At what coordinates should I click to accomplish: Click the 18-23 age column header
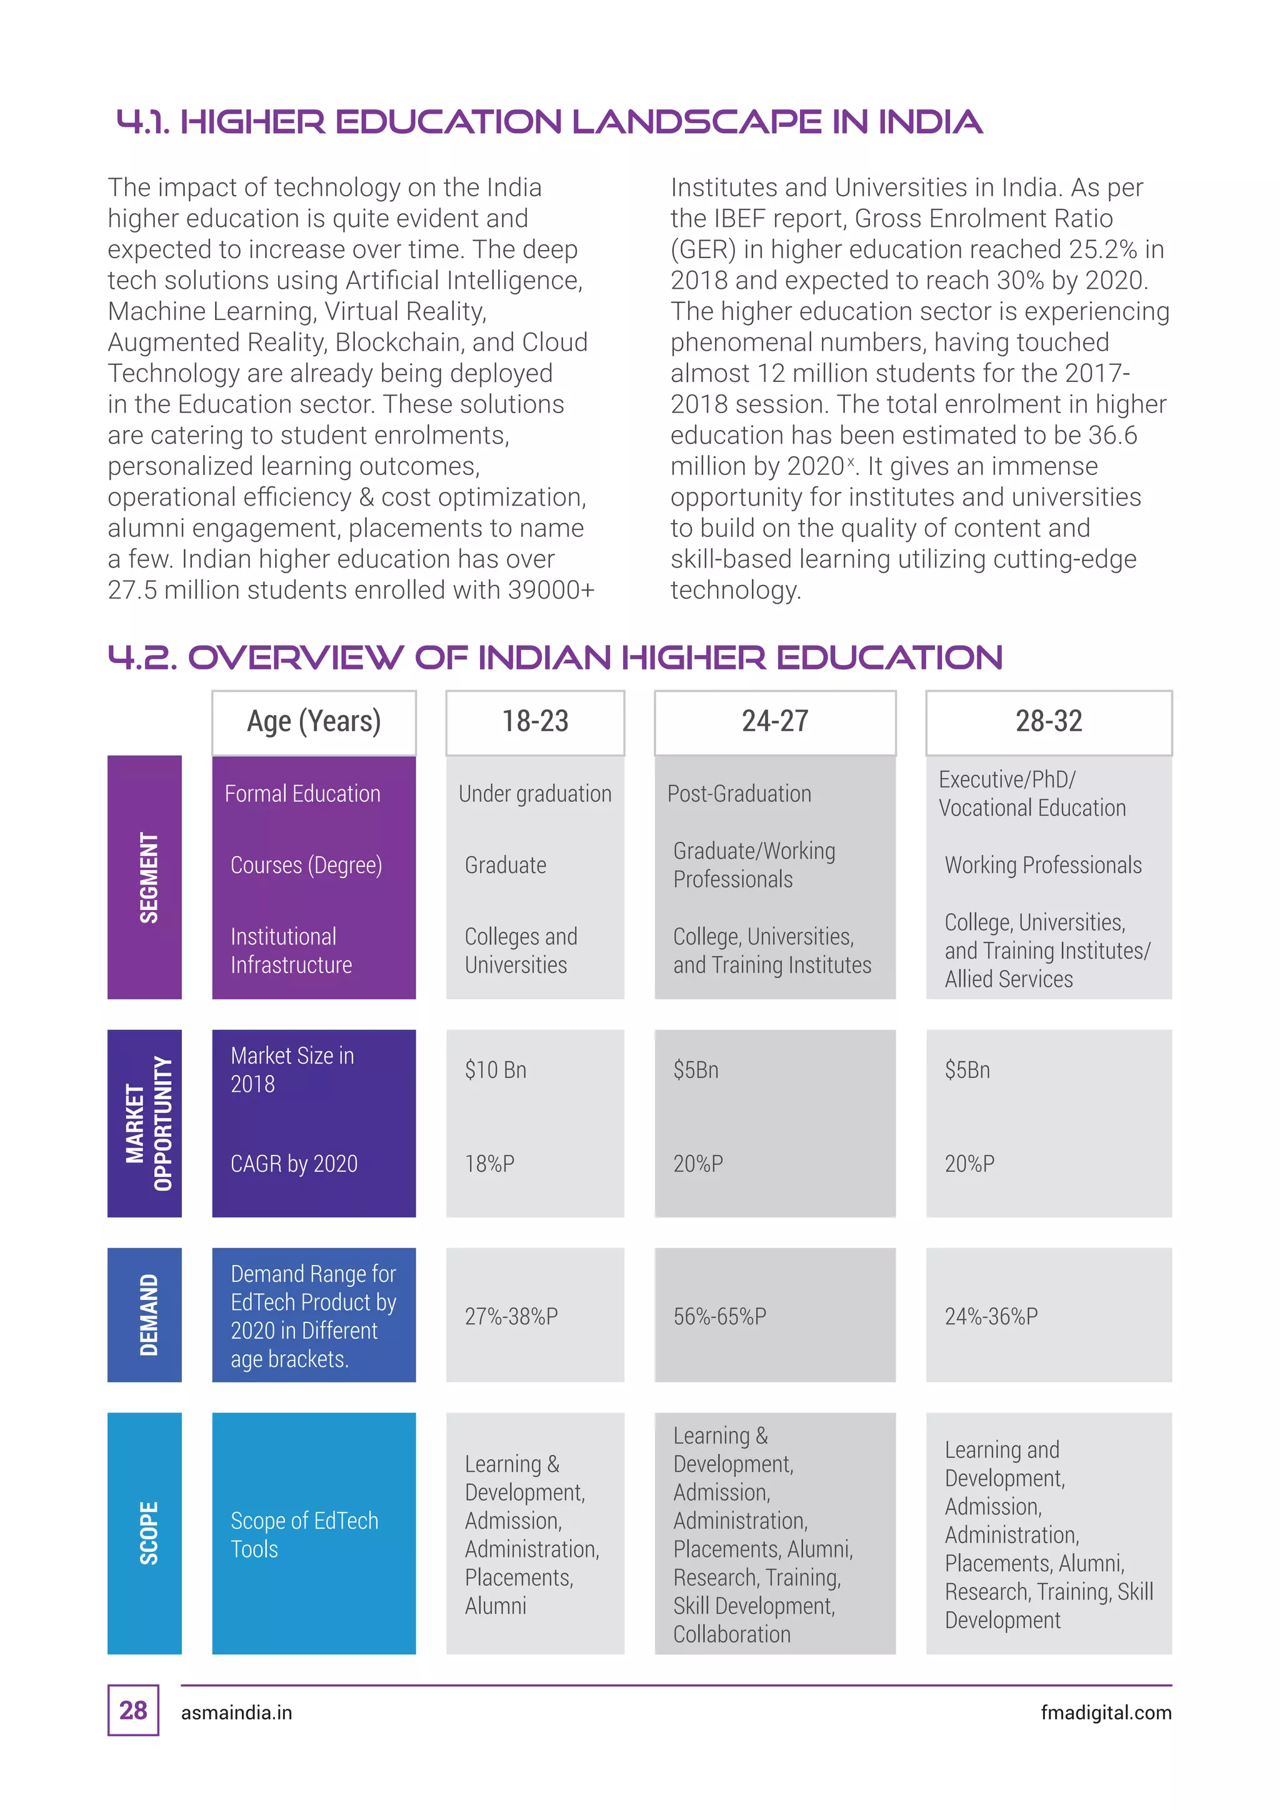click(535, 721)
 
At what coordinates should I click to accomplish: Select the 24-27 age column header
click(775, 721)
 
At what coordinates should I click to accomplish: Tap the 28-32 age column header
click(1048, 721)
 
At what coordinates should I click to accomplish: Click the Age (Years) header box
click(314, 721)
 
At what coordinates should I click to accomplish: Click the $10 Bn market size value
click(496, 1070)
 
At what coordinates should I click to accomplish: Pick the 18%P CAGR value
click(489, 1164)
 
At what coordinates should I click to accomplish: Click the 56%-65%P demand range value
click(719, 1316)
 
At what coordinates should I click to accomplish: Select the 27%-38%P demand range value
click(511, 1316)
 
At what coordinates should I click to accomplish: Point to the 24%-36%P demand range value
click(991, 1316)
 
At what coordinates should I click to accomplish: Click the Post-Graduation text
click(739, 794)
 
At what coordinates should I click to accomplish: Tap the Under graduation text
click(535, 794)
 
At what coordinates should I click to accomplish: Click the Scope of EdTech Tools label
click(304, 1535)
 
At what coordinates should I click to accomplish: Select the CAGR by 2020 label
click(294, 1164)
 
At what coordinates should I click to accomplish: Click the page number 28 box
click(133, 1710)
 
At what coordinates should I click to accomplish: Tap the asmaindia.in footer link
click(236, 1713)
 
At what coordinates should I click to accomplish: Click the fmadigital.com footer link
click(1106, 1713)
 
